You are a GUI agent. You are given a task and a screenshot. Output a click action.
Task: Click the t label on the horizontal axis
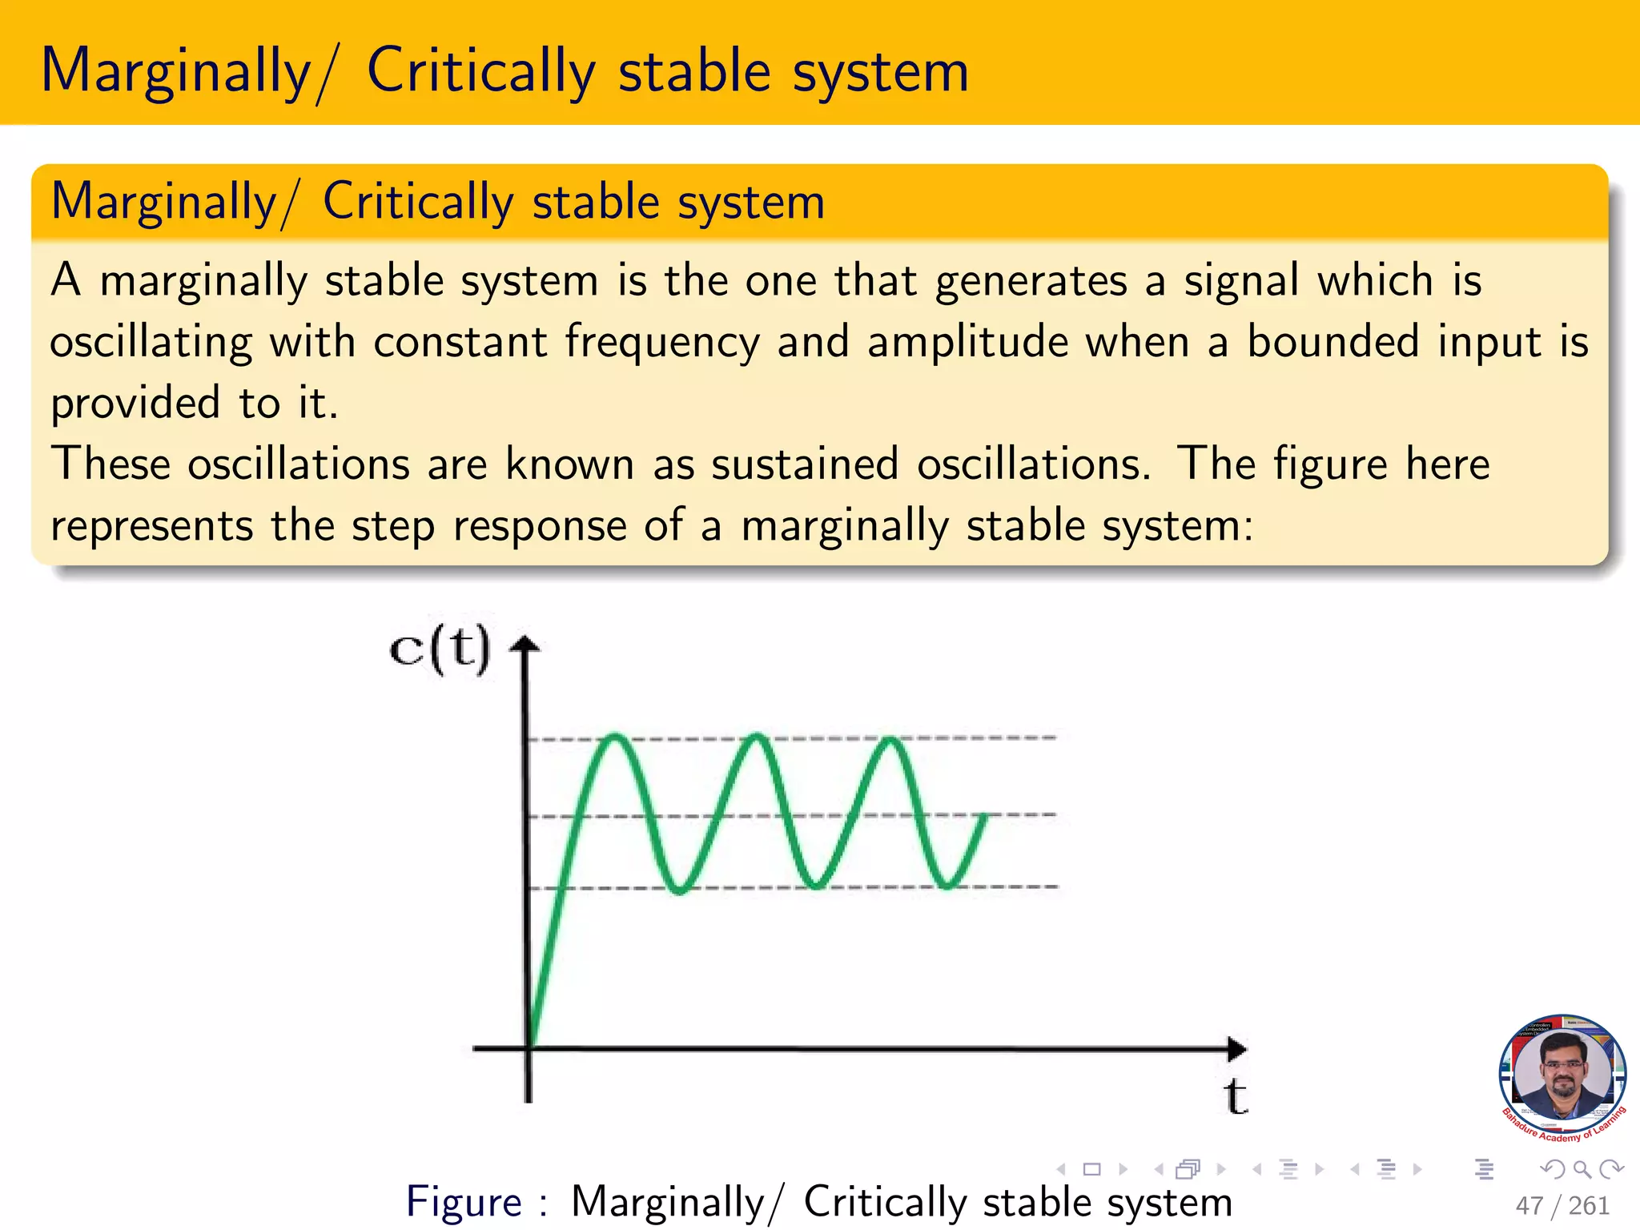[1236, 1097]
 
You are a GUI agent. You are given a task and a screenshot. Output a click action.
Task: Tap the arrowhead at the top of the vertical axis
[525, 645]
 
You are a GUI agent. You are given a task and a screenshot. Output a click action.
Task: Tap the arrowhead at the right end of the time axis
[1237, 1048]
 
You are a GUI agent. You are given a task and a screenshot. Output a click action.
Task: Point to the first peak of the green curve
[615, 737]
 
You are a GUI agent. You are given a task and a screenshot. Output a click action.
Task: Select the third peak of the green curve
[890, 739]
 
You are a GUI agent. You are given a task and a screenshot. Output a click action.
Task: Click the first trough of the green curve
[679, 889]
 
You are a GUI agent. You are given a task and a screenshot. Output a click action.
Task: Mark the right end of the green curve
[984, 816]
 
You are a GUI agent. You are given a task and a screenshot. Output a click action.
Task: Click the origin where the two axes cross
[529, 1047]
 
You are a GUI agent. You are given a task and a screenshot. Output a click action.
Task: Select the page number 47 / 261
[1562, 1205]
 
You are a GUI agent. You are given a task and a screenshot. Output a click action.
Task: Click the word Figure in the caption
[464, 1202]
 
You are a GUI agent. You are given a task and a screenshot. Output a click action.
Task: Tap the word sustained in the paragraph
[805, 464]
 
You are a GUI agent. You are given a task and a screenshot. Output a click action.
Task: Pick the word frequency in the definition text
[662, 343]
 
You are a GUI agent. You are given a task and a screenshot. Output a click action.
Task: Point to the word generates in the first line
[1031, 282]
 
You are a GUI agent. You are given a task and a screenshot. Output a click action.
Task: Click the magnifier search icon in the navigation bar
[1582, 1170]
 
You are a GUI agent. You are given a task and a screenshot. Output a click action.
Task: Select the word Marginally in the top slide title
[175, 72]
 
